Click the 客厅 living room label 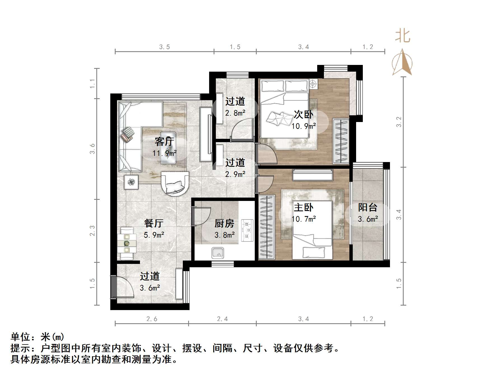click(164, 142)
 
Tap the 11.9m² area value click(165, 153)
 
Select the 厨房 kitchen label click(224, 223)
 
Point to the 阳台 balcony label click(368, 207)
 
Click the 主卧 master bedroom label click(303, 207)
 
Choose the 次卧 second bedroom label click(303, 114)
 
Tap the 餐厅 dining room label click(154, 223)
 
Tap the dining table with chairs click(127, 243)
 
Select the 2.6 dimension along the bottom click(152, 319)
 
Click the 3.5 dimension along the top click(165, 47)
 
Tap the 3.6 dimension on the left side click(92, 149)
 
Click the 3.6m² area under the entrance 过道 click(150, 288)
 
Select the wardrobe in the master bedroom click(267, 227)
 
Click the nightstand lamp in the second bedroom click(313, 84)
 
